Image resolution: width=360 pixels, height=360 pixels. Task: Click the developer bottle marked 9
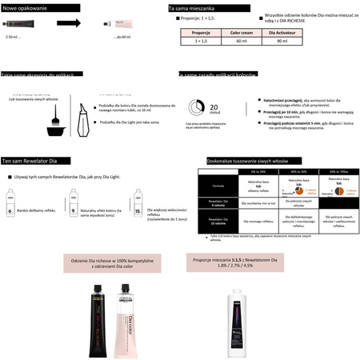point(74,204)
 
